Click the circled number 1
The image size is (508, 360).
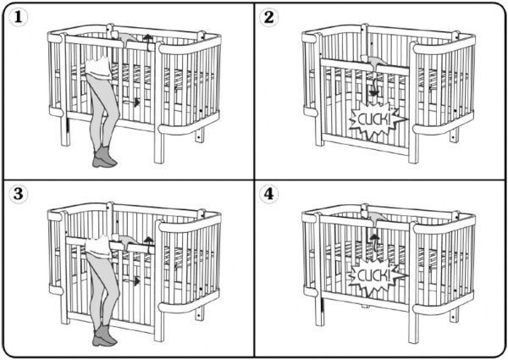click(x=18, y=17)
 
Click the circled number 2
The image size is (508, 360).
click(x=268, y=17)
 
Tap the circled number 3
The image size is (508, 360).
click(x=18, y=194)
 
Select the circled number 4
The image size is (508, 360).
click(x=268, y=194)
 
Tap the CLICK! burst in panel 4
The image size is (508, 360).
click(x=377, y=276)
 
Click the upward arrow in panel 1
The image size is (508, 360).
click(x=148, y=42)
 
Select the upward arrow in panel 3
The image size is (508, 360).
click(x=149, y=245)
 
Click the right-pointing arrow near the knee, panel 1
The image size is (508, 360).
click(x=132, y=102)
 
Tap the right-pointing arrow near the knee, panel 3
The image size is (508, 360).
click(x=132, y=280)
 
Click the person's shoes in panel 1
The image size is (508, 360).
click(x=104, y=157)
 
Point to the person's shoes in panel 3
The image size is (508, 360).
click(x=104, y=335)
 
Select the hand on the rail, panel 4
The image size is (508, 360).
click(x=375, y=216)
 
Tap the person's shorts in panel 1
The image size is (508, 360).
click(x=98, y=68)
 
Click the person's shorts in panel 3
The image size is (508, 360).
click(x=98, y=246)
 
